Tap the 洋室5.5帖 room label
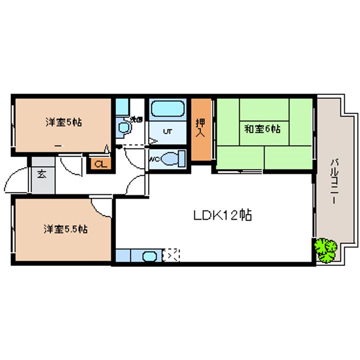coord(65,229)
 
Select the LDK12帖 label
coord(222,215)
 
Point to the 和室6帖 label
coord(262,128)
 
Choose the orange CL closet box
coord(100,164)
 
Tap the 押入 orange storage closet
coord(200,128)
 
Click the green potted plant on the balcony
coord(326,249)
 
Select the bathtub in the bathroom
coord(168,108)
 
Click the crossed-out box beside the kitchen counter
coord(171,255)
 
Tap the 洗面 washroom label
coord(136,119)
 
